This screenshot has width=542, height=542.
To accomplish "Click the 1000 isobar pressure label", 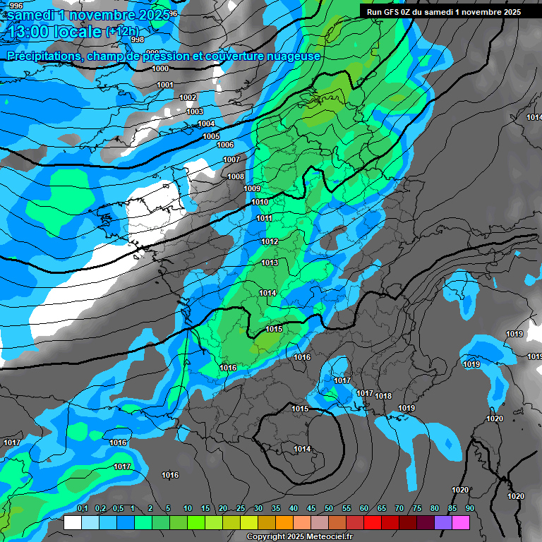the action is tap(160, 68).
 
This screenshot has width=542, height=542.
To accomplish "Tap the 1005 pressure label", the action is tap(211, 136).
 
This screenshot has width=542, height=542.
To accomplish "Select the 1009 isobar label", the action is tap(252, 188).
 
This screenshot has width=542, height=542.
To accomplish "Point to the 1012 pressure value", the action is tap(270, 241).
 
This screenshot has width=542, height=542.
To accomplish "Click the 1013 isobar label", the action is tap(270, 263).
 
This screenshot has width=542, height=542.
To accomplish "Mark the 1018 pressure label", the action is tap(383, 396).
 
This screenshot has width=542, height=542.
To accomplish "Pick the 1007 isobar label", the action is tap(231, 159).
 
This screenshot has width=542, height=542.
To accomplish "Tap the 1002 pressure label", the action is tap(188, 97).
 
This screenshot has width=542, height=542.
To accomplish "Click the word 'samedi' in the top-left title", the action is tap(34, 14).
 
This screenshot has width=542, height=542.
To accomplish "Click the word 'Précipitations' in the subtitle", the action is tap(42, 56).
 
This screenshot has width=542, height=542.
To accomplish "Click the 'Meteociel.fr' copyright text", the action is tap(327, 537).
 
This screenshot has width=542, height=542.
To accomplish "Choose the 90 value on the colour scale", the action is tap(469, 508).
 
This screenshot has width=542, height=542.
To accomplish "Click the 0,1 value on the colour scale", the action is tap(82, 508).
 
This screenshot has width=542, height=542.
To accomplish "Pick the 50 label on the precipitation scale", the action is tap(329, 508).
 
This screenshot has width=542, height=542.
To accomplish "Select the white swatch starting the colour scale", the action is tap(72, 522).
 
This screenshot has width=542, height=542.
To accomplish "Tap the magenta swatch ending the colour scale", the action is tap(461, 522).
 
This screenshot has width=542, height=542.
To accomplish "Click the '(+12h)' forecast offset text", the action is tap(123, 32).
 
